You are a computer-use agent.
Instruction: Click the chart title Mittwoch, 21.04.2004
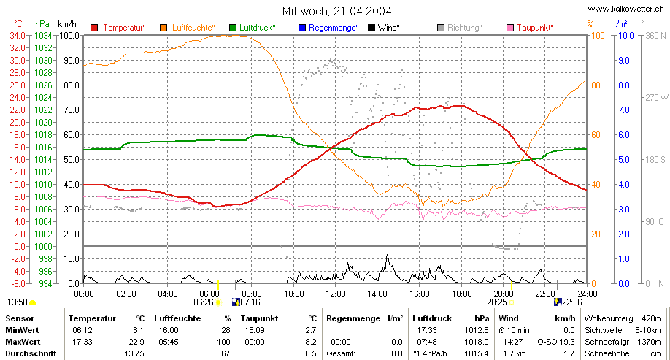click(x=336, y=11)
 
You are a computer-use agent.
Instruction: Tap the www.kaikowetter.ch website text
click(x=626, y=9)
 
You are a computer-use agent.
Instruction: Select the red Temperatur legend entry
click(x=118, y=28)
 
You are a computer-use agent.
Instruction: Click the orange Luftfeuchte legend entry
click(x=188, y=28)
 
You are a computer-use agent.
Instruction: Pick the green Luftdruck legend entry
click(x=253, y=28)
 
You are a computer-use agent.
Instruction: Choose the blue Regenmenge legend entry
click(x=328, y=28)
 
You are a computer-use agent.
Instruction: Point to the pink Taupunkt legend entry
click(x=531, y=28)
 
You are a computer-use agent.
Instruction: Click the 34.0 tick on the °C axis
click(x=18, y=36)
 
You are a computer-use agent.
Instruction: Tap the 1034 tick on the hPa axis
click(x=43, y=36)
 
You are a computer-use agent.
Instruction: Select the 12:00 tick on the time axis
click(x=336, y=294)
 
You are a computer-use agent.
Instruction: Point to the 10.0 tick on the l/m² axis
click(x=626, y=36)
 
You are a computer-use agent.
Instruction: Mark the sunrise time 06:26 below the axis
click(x=204, y=302)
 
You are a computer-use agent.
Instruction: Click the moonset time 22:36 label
click(x=572, y=302)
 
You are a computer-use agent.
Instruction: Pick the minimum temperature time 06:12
click(x=82, y=330)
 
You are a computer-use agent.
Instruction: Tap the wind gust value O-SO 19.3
click(x=556, y=342)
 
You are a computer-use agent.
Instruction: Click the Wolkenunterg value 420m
click(x=651, y=318)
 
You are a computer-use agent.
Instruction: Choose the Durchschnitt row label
click(x=31, y=353)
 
